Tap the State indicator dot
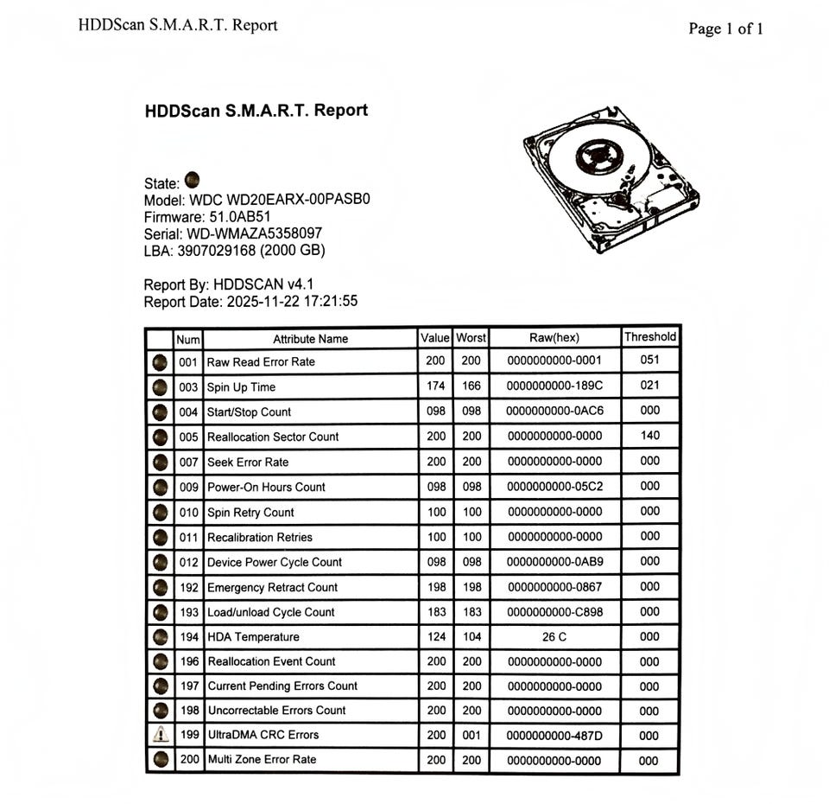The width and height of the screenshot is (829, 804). click(x=192, y=180)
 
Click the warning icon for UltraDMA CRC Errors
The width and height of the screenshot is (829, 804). click(x=159, y=735)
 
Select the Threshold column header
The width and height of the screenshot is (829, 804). click(x=650, y=337)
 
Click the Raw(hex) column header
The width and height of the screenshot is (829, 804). click(x=554, y=338)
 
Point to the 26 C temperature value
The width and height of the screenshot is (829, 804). click(x=554, y=637)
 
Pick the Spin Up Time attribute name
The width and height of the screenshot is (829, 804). click(x=241, y=387)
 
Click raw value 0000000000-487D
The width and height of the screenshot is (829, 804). click(x=554, y=736)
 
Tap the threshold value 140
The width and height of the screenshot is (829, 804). click(x=651, y=436)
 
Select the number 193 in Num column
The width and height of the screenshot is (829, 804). click(x=188, y=612)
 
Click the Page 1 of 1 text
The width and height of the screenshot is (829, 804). click(x=725, y=29)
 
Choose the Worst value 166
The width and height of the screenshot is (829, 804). click(x=471, y=386)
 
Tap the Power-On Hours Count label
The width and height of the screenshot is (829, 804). click(x=266, y=487)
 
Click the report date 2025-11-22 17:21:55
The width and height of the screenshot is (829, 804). click(x=292, y=302)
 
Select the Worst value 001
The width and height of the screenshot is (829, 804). click(x=471, y=735)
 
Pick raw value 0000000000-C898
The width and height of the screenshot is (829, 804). click(x=554, y=612)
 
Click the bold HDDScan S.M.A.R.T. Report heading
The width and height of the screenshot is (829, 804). click(x=256, y=111)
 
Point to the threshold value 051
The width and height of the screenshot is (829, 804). click(x=651, y=361)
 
